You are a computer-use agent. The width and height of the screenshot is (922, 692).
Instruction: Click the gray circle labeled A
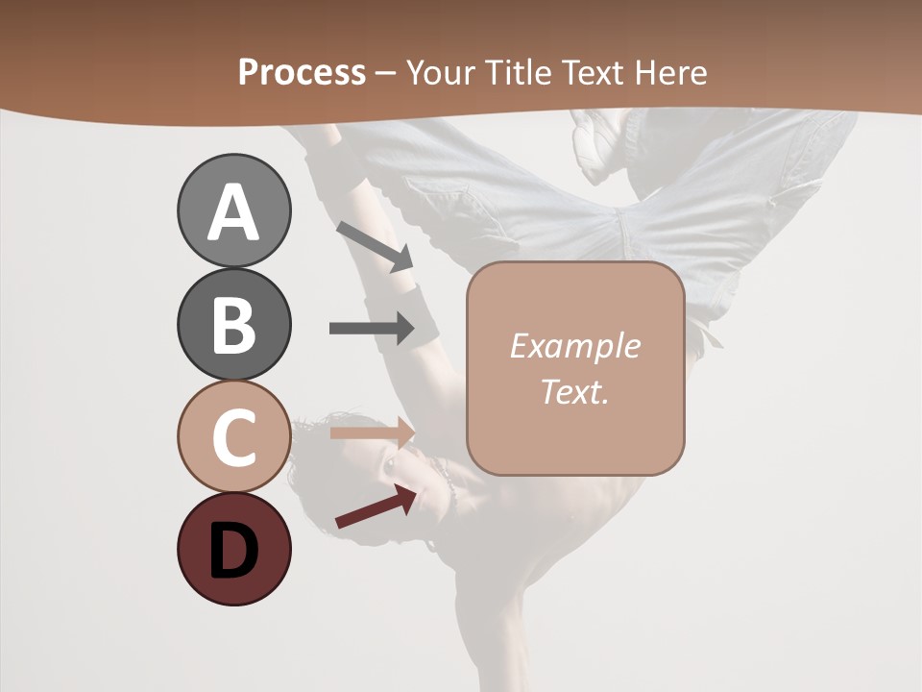coord(233,211)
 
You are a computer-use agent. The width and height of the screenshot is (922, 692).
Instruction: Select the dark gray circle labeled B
coord(233,324)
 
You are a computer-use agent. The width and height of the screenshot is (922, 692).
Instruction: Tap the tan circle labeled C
coord(233,436)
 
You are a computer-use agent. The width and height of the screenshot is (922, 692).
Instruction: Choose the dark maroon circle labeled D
coord(233,549)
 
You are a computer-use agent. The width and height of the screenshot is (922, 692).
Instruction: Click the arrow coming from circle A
coord(375,246)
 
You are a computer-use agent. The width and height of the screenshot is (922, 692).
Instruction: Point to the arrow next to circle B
coord(371,329)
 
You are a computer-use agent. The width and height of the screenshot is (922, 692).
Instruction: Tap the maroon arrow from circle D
coord(376,507)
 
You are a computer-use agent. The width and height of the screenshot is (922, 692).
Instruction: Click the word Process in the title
coord(302,72)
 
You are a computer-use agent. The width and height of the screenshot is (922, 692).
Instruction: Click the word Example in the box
coord(574,346)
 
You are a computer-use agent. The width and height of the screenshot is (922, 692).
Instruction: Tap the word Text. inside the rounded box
coord(574,391)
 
